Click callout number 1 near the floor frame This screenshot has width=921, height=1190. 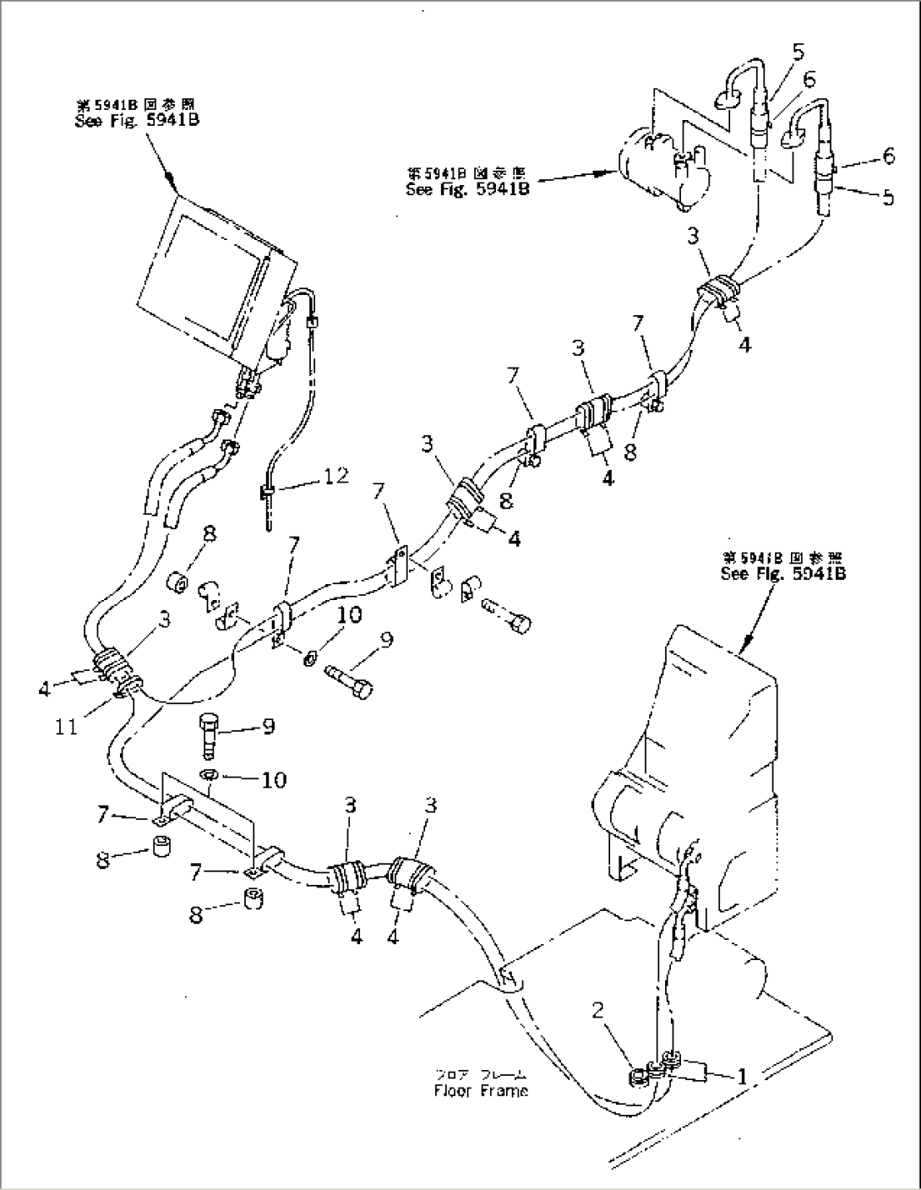tap(741, 1077)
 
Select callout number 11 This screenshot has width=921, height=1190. tap(67, 726)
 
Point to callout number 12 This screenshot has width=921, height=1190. tap(335, 476)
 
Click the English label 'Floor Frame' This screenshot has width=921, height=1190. tap(481, 1090)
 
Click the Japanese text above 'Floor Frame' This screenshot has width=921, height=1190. tap(481, 1074)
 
